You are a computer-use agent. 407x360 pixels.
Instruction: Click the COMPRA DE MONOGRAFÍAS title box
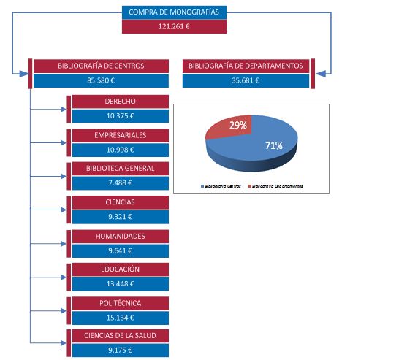pos(174,12)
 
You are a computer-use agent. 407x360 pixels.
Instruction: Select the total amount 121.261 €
pos(174,26)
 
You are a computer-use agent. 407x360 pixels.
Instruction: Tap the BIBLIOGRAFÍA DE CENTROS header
pos(102,66)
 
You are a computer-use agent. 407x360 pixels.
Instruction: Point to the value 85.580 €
pos(102,80)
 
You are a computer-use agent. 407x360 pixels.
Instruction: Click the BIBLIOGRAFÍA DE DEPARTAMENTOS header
pos(246,66)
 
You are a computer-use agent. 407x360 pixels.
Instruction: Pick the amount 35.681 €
pos(246,80)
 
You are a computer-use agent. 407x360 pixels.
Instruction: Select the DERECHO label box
pos(121,102)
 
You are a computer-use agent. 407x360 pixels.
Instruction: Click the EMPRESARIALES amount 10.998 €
pos(121,150)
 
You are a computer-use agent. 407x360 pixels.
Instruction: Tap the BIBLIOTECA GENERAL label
pos(121,169)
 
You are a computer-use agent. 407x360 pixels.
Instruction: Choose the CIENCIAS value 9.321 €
pos(121,217)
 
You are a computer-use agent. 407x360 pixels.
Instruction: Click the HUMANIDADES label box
pos(121,237)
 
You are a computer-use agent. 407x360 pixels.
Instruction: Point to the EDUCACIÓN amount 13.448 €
pos(121,284)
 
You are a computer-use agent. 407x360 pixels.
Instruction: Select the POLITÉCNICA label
pos(121,303)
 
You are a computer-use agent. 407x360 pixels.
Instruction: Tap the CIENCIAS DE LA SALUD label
pos(121,336)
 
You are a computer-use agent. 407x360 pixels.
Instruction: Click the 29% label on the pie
pos(238,126)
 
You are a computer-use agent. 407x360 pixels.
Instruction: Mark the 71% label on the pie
pos(274,146)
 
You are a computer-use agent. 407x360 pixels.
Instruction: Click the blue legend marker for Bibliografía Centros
pos(202,186)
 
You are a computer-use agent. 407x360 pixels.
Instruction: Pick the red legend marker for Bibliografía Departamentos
pos(250,186)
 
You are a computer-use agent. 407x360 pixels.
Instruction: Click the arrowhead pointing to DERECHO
pos(64,110)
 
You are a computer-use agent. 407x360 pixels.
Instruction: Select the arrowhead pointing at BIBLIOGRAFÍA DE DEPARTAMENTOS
pos(321,74)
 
